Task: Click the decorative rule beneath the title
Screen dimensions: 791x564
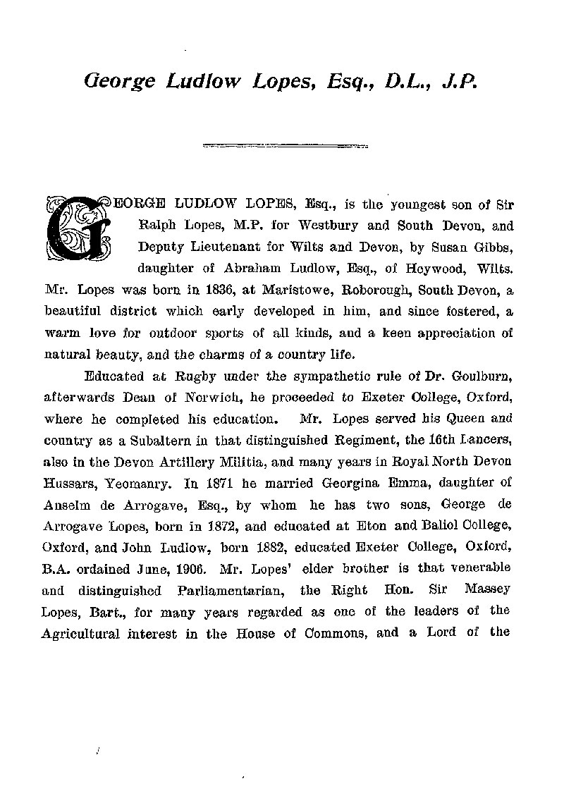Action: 285,147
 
